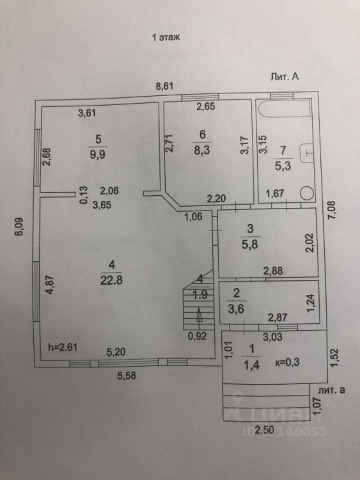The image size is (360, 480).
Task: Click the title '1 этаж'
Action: [166, 37]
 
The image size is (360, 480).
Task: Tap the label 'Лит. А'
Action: [284, 77]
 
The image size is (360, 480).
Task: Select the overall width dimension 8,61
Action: [164, 86]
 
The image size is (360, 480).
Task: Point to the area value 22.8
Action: [112, 280]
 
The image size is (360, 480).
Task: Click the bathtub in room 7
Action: [285, 108]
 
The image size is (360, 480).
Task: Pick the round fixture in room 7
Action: [306, 193]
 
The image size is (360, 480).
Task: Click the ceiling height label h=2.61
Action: [63, 347]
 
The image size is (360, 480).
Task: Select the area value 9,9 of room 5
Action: [98, 154]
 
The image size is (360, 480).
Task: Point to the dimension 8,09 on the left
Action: [19, 227]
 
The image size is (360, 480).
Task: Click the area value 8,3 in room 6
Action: [202, 150]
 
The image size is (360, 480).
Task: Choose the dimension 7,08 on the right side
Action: [333, 209]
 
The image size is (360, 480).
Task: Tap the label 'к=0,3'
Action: [288, 362]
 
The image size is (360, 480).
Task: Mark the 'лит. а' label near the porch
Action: [332, 390]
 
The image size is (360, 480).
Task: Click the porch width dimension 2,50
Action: [265, 430]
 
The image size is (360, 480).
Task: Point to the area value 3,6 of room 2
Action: [236, 309]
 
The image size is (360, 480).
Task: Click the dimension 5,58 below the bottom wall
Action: [127, 375]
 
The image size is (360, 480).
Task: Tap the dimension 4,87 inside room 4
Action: [49, 285]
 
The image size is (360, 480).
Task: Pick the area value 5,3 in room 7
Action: [283, 166]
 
